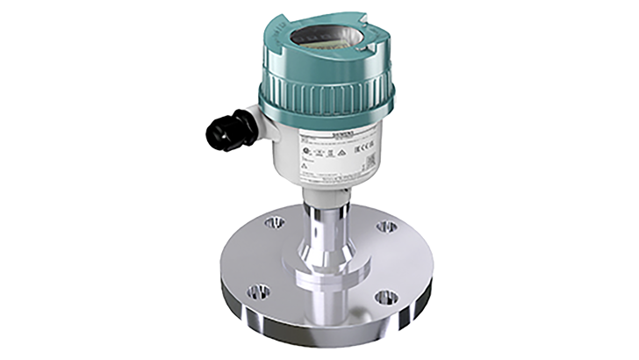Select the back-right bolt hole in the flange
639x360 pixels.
coord(384,227)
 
